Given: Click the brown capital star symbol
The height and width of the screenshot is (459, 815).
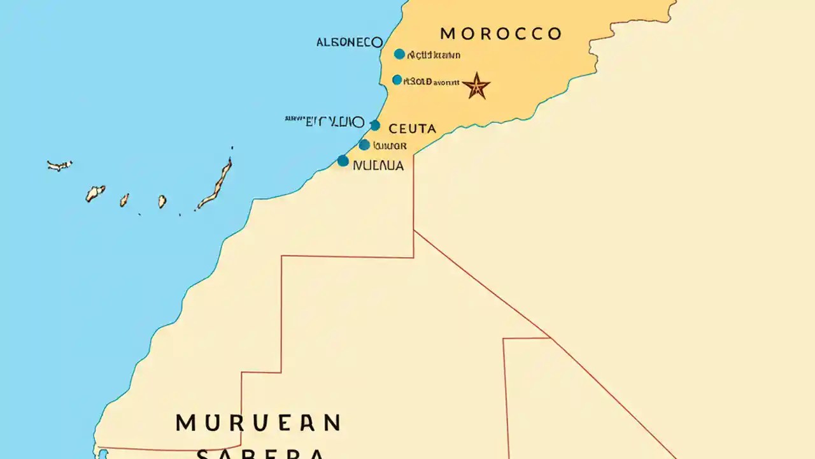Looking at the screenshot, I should [476, 86].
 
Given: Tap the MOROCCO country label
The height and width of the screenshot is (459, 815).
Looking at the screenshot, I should [501, 34].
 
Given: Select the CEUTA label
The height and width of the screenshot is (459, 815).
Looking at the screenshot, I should [412, 129].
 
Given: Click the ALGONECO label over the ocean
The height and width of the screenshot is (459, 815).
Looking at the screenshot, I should [350, 43].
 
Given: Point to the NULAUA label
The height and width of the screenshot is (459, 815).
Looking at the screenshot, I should [378, 166].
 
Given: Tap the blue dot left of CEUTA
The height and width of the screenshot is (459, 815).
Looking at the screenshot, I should [375, 126].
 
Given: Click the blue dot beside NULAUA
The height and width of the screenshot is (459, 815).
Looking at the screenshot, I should [343, 161].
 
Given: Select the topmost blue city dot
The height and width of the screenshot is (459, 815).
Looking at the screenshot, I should [399, 54].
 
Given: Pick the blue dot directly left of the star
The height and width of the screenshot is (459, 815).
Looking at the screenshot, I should [397, 80].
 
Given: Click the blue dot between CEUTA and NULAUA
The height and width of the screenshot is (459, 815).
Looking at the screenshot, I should [364, 145].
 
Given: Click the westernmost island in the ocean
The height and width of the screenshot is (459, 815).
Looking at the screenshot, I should [59, 165].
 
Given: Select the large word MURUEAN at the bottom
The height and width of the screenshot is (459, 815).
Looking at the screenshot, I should [258, 423].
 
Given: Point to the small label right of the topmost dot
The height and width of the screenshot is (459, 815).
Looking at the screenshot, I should [434, 55].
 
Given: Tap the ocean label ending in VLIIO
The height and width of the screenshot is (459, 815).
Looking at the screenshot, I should [325, 122].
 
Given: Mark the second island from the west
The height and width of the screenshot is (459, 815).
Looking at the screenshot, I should [95, 193].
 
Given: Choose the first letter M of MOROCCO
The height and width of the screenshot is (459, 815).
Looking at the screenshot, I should [447, 34].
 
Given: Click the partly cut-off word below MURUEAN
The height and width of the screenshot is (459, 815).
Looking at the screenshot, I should [260, 453].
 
